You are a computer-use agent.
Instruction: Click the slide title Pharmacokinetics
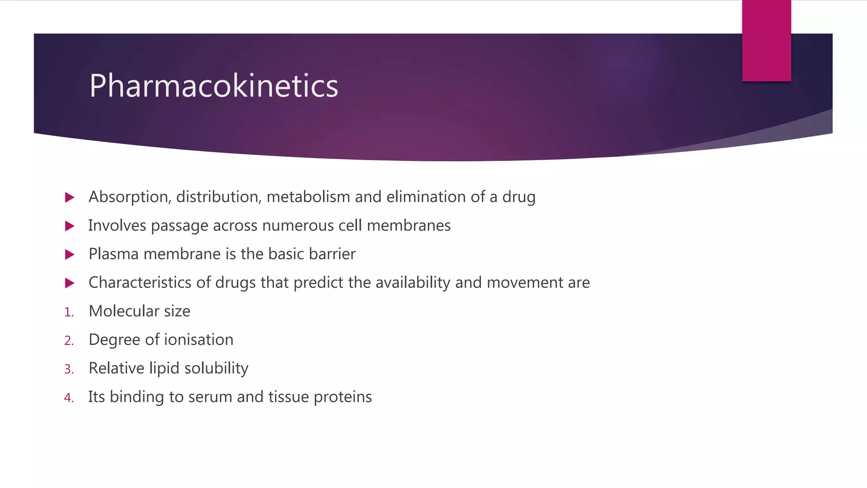(214, 86)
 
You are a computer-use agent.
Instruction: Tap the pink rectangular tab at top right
(766, 41)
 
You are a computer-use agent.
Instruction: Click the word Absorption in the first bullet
(129, 197)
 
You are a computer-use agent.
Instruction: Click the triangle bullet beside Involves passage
(70, 226)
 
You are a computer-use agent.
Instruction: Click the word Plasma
(113, 254)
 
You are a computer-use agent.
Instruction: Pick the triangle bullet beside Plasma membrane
(70, 255)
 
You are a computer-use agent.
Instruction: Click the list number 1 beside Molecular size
(69, 313)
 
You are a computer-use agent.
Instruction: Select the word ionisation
(199, 340)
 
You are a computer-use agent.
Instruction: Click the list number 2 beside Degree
(69, 341)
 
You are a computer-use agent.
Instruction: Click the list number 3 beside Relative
(69, 369)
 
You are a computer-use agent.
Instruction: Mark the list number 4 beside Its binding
(69, 398)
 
